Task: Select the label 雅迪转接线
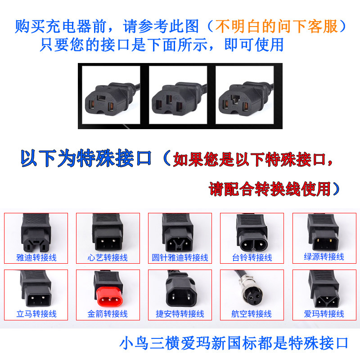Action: tap(36, 257)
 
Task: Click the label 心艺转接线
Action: tap(108, 257)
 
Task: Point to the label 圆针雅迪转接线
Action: tap(180, 257)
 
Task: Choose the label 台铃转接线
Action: tap(252, 257)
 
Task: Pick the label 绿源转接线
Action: tap(324, 256)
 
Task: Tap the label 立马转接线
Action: tap(36, 314)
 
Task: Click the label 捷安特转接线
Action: tap(180, 314)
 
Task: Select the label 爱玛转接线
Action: tap(324, 314)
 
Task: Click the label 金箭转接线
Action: tap(108, 314)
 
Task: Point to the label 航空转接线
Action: tap(252, 314)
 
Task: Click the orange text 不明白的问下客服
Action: tap(276, 26)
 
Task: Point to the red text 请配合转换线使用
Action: tap(270, 189)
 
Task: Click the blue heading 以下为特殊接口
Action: tap(85, 158)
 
